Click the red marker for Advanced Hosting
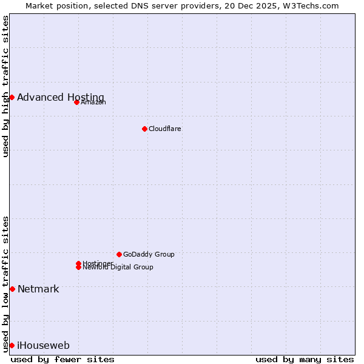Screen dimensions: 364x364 coord(12,97)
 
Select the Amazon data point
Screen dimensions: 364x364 coord(76,102)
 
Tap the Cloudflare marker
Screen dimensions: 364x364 coord(144,129)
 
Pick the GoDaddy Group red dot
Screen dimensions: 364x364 coord(119,254)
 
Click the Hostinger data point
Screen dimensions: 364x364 coord(78,263)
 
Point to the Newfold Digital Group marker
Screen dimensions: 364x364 coord(78,268)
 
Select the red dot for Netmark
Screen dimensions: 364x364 coord(12,289)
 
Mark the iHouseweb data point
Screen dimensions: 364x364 coord(12,345)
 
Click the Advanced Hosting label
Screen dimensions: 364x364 coord(61,98)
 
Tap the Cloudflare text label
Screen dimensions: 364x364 coord(165,129)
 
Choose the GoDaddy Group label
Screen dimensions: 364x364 coord(149,254)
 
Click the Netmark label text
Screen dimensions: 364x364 coord(38,289)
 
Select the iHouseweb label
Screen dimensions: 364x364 coord(43,346)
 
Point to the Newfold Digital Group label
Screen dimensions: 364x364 coord(118,268)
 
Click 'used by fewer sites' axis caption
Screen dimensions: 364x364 coord(62,359)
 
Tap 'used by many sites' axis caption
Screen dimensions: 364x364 coord(305,359)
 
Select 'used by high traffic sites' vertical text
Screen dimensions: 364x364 coord(6,86)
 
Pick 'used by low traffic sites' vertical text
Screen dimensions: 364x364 coord(6,284)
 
